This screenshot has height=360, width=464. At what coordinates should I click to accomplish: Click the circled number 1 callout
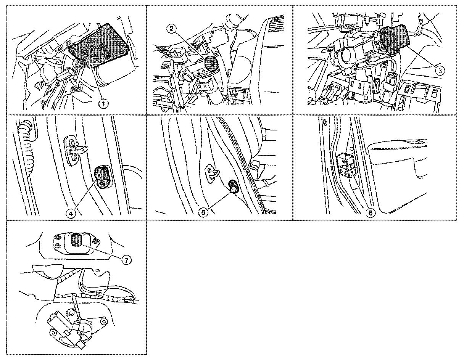103,104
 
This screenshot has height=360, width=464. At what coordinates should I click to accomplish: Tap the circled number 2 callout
171,29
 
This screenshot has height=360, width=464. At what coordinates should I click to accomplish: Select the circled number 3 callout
440,71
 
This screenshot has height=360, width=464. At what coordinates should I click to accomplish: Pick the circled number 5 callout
203,212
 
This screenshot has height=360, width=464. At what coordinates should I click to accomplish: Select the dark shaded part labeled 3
395,39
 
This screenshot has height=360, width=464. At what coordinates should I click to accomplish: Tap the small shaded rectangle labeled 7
77,240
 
